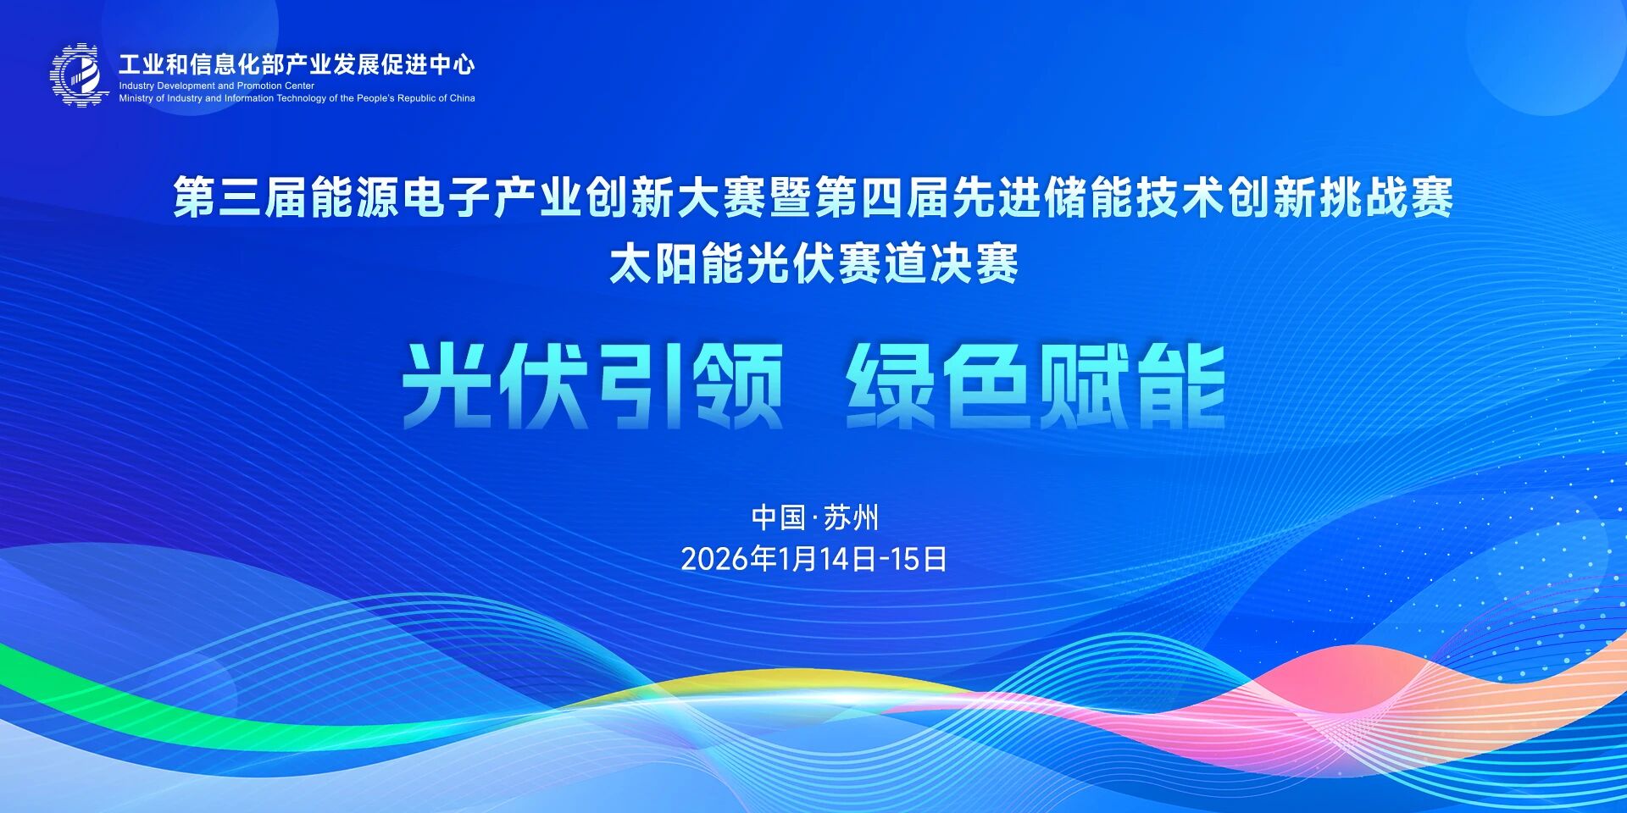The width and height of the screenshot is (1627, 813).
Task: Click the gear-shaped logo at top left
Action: pos(80,75)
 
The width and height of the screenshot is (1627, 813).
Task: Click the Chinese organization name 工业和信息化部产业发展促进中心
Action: pos(296,64)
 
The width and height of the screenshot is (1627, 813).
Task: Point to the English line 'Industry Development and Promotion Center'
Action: pos(216,86)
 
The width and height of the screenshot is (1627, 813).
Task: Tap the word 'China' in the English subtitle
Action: pos(462,98)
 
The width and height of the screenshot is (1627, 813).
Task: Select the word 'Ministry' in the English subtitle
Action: pos(136,98)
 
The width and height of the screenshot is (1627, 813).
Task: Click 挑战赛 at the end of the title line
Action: pos(1385,198)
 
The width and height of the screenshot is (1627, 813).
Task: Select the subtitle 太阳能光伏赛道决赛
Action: pos(813,263)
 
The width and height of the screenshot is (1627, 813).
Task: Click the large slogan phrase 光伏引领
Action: pos(592,387)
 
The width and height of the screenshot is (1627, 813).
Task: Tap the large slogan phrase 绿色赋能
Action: pos(1036,387)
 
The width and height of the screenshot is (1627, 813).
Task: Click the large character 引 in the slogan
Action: pos(640,387)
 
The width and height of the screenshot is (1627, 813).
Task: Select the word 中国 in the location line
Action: pos(778,517)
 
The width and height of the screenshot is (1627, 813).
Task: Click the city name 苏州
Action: pos(851,517)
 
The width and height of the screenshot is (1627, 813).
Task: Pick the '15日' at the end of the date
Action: pos(919,559)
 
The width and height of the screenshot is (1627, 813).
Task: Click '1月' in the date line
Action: pos(797,559)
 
